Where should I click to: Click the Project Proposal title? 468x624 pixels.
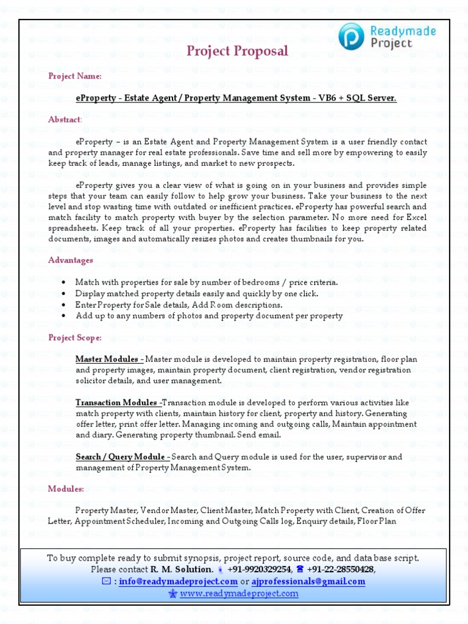[x=237, y=51]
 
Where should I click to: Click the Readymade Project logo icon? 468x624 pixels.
[x=352, y=36]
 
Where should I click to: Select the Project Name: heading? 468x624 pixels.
[x=75, y=76]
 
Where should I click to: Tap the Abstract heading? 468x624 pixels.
[x=65, y=119]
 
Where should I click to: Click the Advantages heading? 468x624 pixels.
[x=70, y=260]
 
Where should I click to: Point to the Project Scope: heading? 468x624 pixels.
[x=75, y=338]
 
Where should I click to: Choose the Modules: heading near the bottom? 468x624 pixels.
[x=66, y=489]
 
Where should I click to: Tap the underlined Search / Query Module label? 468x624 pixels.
[x=122, y=456]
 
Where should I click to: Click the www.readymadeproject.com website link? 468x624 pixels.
[x=239, y=593]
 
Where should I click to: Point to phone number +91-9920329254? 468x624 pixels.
[x=259, y=569]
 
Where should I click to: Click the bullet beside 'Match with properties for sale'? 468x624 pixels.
[x=64, y=283]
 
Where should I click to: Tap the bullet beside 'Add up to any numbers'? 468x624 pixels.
[x=64, y=316]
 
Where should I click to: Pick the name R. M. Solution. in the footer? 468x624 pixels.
[x=182, y=569]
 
